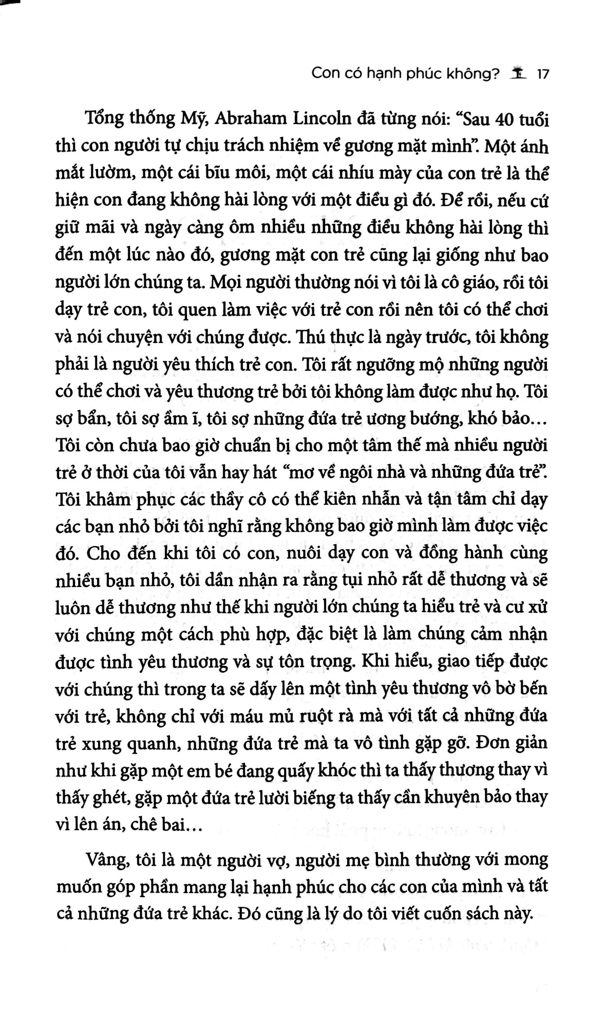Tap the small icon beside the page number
pos(519,73)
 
